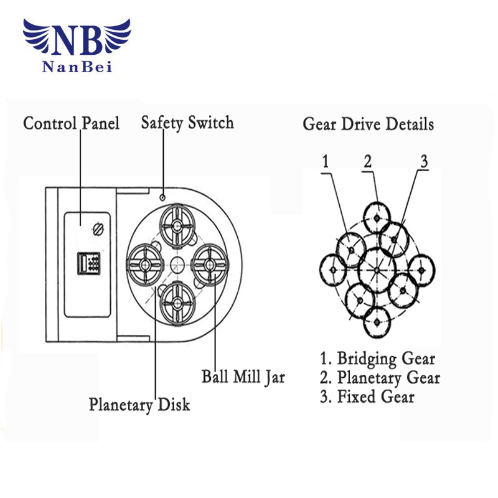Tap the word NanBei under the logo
click(77, 67)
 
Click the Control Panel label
click(71, 123)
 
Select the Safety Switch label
click(187, 122)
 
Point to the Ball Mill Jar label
click(243, 377)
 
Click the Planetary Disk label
click(139, 405)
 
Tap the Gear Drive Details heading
click(368, 123)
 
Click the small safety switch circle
click(162, 197)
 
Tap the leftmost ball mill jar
click(145, 265)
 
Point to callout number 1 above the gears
click(325, 162)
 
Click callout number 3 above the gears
click(423, 162)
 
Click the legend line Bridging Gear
click(377, 359)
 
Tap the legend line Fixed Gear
click(367, 397)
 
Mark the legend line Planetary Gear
click(380, 377)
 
